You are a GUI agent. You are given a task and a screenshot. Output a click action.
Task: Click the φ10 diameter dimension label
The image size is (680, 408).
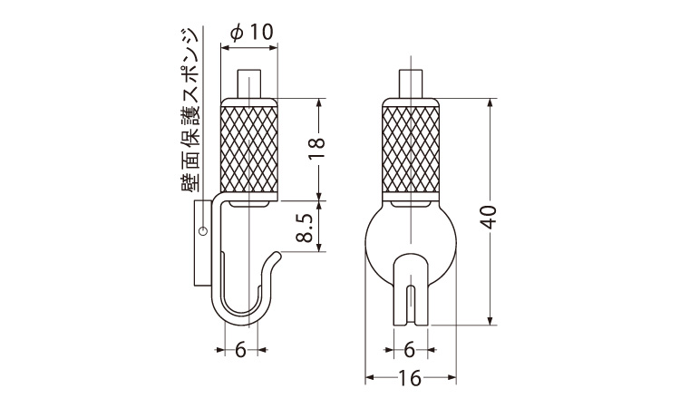click(x=251, y=32)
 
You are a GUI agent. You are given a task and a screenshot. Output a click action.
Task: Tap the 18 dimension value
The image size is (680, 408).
click(x=318, y=149)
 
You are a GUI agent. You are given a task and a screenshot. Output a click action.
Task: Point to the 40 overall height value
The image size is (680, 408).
click(x=490, y=217)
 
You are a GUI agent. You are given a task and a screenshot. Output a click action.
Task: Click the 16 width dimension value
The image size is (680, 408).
click(x=410, y=378)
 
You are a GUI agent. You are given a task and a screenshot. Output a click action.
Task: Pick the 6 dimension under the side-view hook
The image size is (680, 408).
click(x=240, y=349)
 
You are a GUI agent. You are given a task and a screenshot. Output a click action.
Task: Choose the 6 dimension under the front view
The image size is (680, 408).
click(x=410, y=349)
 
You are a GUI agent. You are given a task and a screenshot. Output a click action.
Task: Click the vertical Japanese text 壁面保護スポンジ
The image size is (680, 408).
click(x=190, y=111)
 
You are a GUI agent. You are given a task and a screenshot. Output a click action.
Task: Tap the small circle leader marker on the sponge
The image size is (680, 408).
click(x=201, y=231)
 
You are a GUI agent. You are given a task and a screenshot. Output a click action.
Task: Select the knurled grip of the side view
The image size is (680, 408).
click(x=249, y=149)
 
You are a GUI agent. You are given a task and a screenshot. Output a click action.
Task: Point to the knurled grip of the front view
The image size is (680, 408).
click(x=410, y=149)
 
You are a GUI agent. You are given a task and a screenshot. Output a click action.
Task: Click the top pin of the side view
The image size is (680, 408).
click(x=249, y=83)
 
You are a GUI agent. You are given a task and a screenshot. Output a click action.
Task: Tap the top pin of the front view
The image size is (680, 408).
click(x=410, y=83)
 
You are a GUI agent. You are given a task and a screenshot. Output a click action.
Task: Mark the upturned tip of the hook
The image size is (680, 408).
click(x=277, y=256)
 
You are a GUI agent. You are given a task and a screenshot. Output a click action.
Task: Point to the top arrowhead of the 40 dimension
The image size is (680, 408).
click(x=491, y=102)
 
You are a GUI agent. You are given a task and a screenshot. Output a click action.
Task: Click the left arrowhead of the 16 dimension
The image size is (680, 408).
click(x=369, y=378)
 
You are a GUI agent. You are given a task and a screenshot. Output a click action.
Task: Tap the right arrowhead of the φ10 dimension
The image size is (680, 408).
click(x=272, y=48)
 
